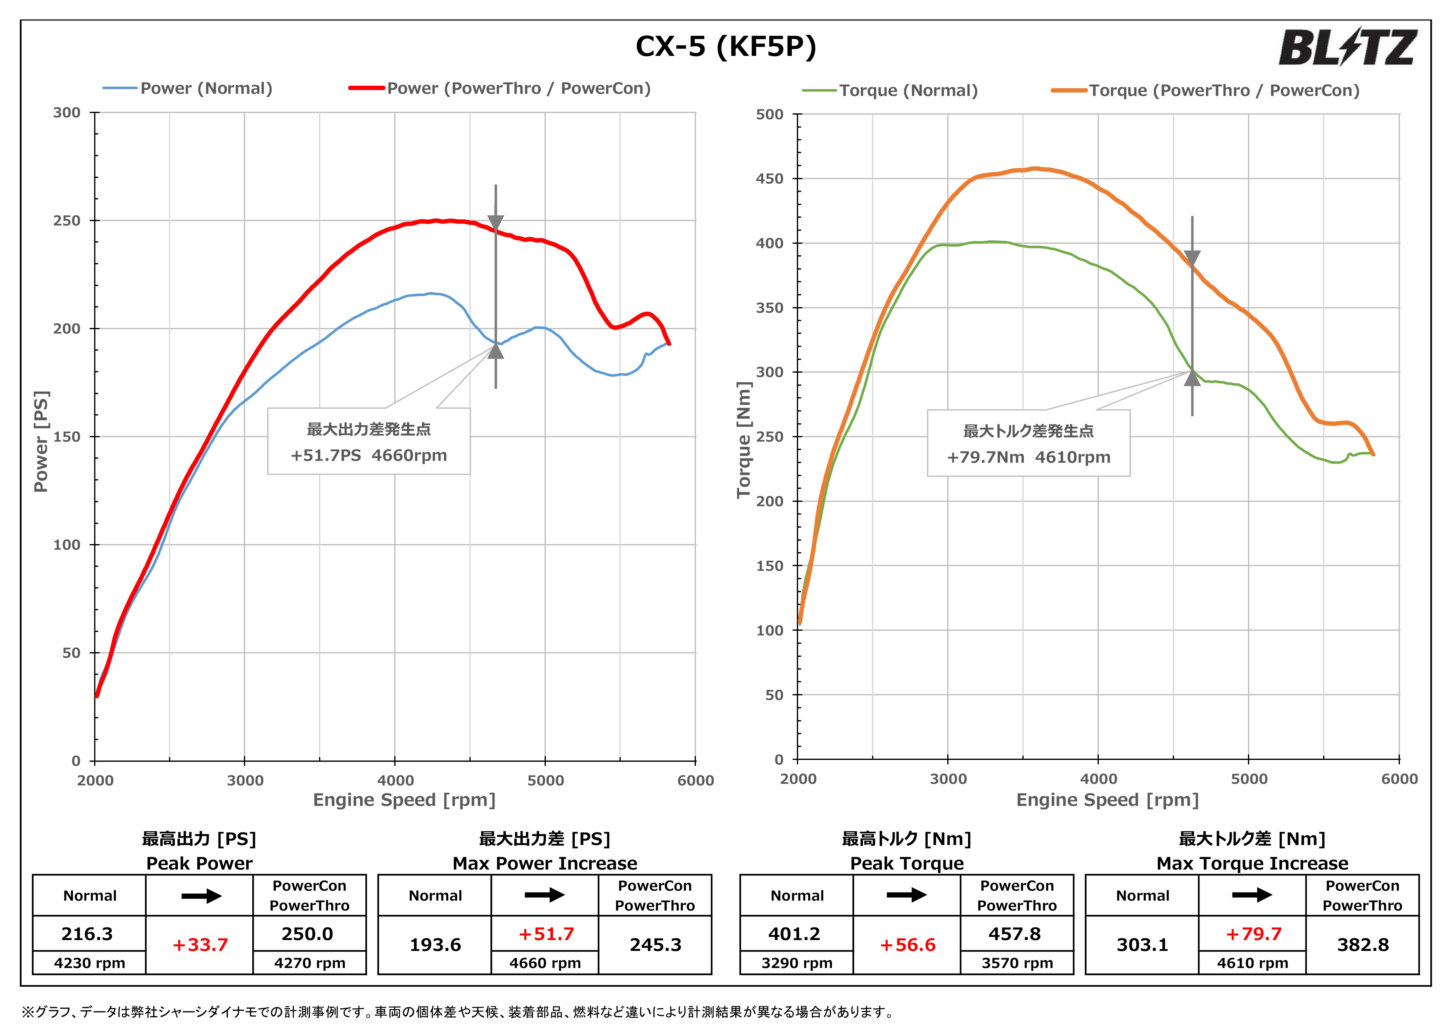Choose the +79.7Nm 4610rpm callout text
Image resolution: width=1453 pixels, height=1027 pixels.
(x=1028, y=457)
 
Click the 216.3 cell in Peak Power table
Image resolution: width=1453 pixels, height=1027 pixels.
(x=87, y=934)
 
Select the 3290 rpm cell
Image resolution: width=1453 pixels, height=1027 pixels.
(x=797, y=963)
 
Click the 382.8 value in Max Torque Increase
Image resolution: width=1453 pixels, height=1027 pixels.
(x=1363, y=945)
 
